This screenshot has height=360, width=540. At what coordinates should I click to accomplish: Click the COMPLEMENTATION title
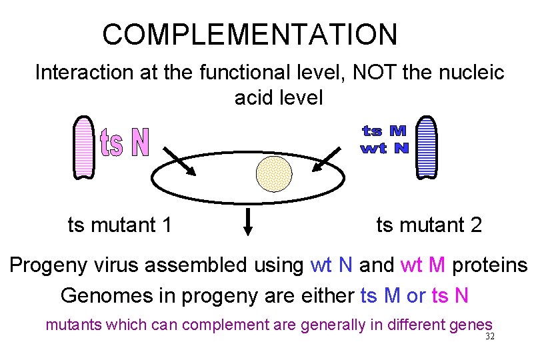(249, 34)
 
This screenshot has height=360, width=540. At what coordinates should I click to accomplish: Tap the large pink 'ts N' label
(125, 143)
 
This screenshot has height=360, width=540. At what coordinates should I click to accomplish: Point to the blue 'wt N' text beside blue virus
(385, 148)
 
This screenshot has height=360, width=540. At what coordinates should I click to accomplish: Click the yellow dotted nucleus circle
(274, 173)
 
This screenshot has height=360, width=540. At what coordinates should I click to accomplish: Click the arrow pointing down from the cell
(248, 222)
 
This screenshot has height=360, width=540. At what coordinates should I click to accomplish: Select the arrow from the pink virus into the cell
(179, 162)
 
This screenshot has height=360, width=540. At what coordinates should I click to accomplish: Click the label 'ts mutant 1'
(120, 225)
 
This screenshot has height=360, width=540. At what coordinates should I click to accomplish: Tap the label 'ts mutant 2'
(429, 225)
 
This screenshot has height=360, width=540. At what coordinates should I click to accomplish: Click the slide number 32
(490, 337)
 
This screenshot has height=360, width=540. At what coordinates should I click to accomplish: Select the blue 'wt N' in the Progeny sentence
(331, 265)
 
